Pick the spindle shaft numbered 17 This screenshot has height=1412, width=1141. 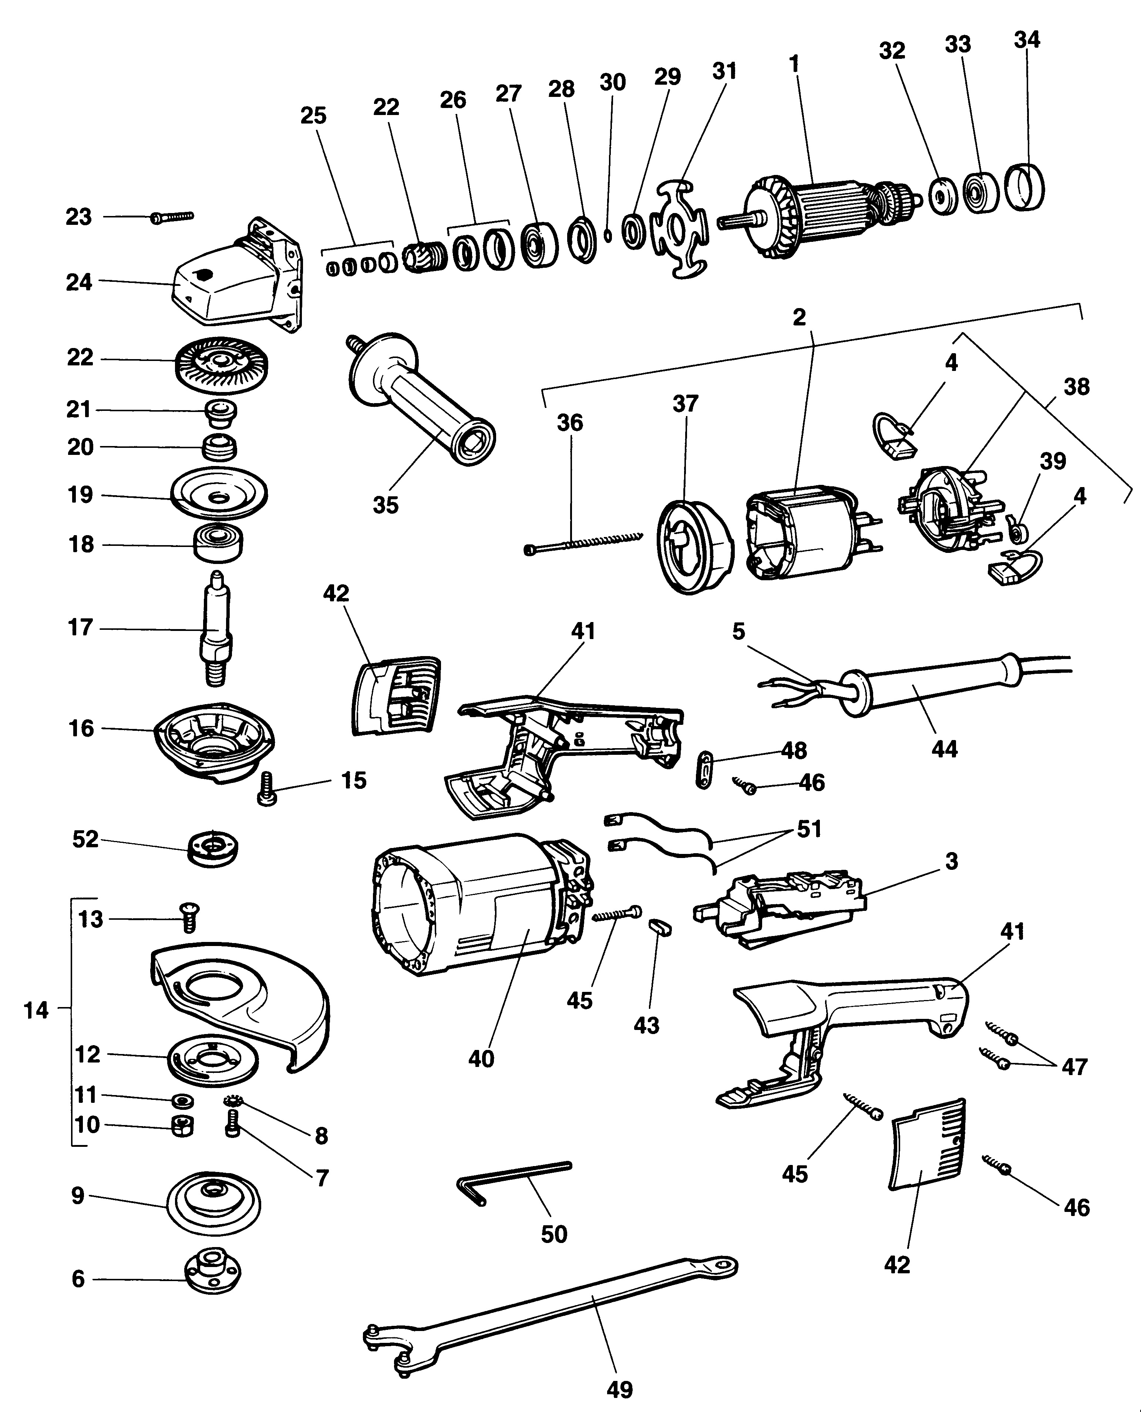coord(216,628)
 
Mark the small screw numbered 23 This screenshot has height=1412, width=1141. coord(172,216)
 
